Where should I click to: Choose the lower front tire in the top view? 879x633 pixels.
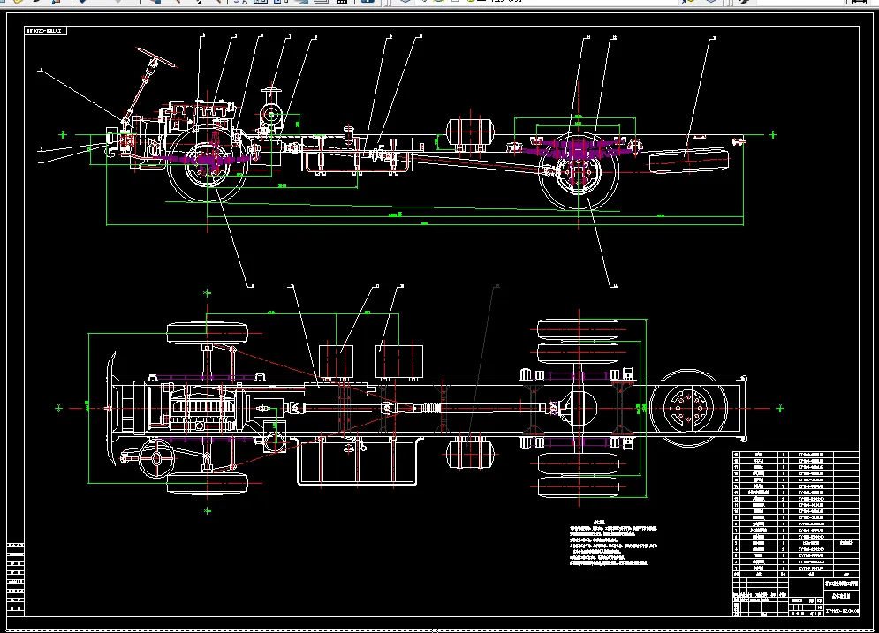click(x=208, y=483)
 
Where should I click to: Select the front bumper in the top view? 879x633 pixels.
click(x=110, y=408)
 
